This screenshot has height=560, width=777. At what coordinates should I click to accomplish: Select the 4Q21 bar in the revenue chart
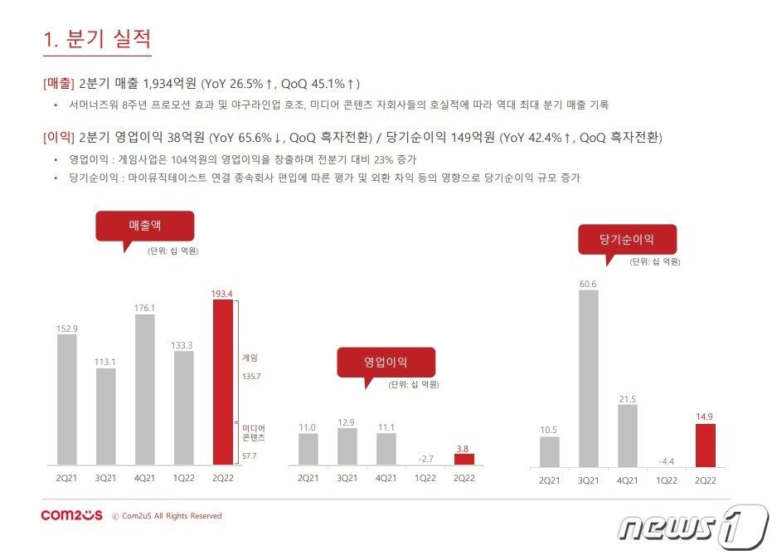[x=144, y=389]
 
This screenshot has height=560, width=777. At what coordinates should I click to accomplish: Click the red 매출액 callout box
[x=144, y=226]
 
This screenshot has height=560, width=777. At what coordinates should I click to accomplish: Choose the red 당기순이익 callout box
[x=627, y=240]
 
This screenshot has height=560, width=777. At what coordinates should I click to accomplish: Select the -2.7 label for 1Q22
[x=425, y=458]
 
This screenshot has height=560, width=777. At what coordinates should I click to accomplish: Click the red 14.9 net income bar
[x=704, y=446]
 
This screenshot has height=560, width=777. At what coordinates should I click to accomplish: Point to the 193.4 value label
[x=222, y=293]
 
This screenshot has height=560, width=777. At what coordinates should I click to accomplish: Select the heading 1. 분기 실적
[x=96, y=39]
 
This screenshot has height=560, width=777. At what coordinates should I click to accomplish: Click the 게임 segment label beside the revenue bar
[x=250, y=358]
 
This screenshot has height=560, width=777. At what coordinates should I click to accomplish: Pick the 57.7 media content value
[x=250, y=456]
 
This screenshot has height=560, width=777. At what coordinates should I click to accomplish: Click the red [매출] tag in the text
[x=58, y=84]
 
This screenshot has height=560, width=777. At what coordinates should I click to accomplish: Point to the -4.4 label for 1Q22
[x=666, y=460]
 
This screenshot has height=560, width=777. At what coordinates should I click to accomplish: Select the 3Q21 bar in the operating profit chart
[x=347, y=446]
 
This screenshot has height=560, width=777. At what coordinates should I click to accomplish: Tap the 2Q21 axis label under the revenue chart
[x=67, y=478]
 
